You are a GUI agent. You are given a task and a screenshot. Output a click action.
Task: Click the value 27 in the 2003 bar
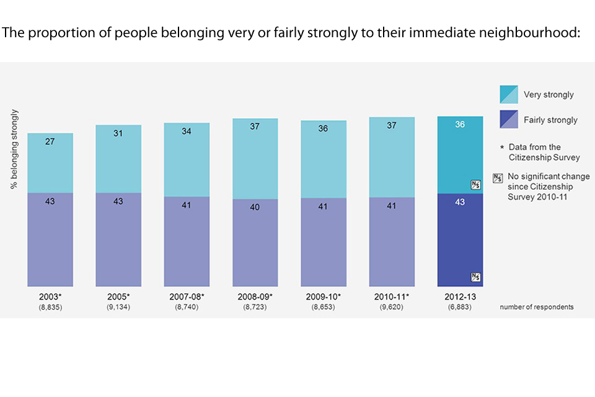point(50,142)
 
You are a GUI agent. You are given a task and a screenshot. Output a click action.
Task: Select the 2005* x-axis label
point(118,297)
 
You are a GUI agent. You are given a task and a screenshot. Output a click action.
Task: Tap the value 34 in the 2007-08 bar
point(187,132)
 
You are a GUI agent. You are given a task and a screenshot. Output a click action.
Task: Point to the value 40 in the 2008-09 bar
point(255,207)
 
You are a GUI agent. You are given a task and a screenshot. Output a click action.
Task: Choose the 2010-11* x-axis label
point(391,297)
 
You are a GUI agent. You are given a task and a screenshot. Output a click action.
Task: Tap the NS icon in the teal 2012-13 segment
point(475,184)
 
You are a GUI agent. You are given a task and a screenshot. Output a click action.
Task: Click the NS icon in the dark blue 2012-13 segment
point(475,277)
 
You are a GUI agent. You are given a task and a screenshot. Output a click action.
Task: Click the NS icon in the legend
point(497,177)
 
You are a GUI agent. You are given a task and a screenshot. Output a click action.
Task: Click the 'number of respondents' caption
point(537,307)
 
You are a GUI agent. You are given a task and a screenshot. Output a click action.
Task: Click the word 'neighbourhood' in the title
point(530,32)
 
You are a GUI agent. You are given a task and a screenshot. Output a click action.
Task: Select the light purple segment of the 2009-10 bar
point(323,242)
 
